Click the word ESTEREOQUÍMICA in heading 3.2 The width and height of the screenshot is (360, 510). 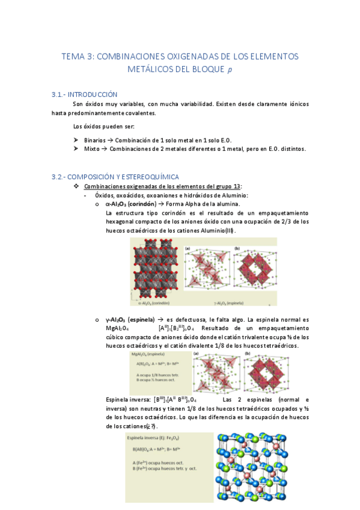click(145, 176)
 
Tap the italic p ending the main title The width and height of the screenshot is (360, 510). click(228, 69)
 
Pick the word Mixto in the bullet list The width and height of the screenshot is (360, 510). click(93, 149)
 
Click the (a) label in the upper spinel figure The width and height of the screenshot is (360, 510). click(188, 248)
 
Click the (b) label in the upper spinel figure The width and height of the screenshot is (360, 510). click(237, 248)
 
